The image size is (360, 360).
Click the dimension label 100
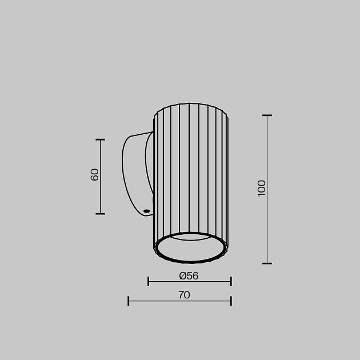click(262, 188)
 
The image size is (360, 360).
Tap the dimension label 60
click(95, 174)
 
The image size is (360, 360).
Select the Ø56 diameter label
click(189, 276)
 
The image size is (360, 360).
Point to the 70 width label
click(184, 295)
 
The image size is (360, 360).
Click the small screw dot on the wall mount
click(147, 211)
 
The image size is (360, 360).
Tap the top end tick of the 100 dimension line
click(267, 115)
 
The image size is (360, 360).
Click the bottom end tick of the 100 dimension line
click(267, 263)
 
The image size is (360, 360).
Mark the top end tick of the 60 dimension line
click(101, 139)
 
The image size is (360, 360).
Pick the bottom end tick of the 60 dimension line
click(101, 214)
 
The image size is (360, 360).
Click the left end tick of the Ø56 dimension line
click(149, 281)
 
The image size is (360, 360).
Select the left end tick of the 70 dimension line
click(129, 301)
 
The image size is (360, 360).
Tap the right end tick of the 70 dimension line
click(231, 301)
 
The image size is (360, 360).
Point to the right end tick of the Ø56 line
click(231, 281)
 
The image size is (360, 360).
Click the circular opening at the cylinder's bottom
click(190, 248)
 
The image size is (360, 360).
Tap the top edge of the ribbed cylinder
click(191, 104)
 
